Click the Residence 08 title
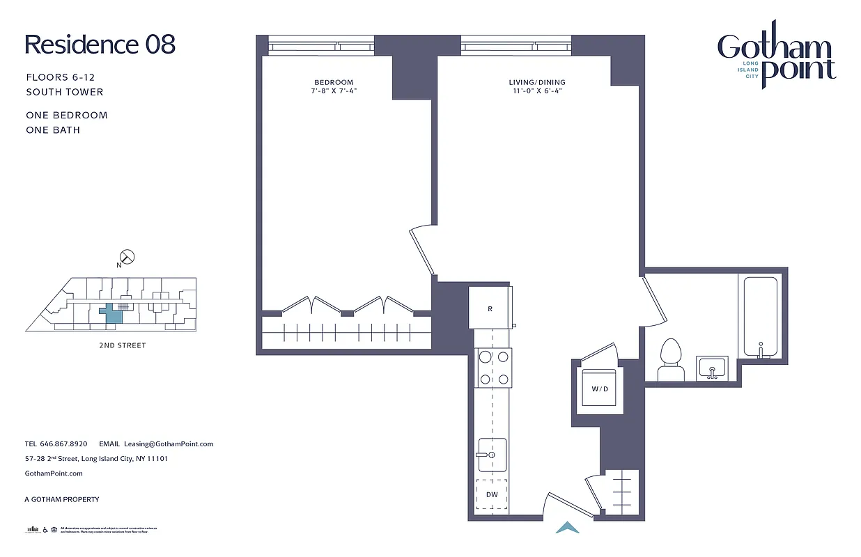pyautogui.click(x=100, y=45)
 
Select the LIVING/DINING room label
pyautogui.click(x=536, y=82)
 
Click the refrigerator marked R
pyautogui.click(x=490, y=307)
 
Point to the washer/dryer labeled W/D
pyautogui.click(x=599, y=389)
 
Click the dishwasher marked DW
pyautogui.click(x=492, y=494)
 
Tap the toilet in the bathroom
pyautogui.click(x=670, y=359)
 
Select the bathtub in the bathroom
pyautogui.click(x=760, y=317)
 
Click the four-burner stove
pyautogui.click(x=492, y=368)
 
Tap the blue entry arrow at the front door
pyautogui.click(x=568, y=528)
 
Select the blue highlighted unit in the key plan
pyautogui.click(x=112, y=315)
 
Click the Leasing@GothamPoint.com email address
pyautogui.click(x=168, y=444)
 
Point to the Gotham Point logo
pyautogui.click(x=776, y=62)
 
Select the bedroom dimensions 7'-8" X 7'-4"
pyautogui.click(x=334, y=91)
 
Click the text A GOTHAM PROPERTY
pyautogui.click(x=62, y=499)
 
